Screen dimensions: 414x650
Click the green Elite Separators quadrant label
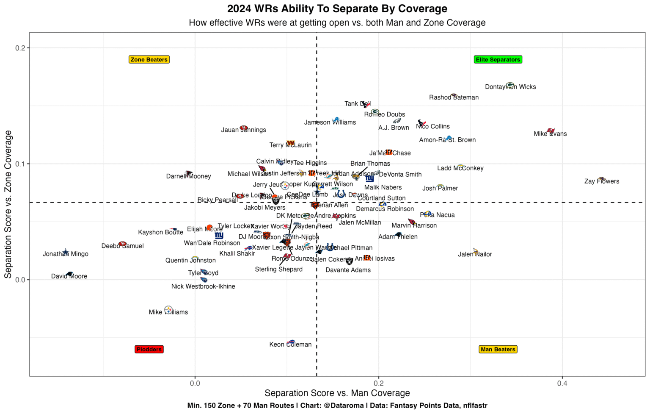pos(498,60)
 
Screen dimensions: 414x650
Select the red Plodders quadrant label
pos(149,350)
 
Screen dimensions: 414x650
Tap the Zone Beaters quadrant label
pos(149,60)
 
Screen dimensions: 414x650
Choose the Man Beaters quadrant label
pos(498,350)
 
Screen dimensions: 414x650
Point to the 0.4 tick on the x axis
pos(562,384)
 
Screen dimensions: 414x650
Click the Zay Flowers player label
pos(601,181)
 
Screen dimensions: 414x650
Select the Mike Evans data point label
pos(550,134)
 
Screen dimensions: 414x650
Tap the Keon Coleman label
pos(290,345)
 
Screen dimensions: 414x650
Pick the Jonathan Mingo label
pos(66,254)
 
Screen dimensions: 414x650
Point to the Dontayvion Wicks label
pos(510,87)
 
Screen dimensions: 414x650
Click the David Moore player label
pos(69,276)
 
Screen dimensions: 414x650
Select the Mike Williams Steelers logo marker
pos(168,310)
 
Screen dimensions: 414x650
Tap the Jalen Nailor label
pos(475,255)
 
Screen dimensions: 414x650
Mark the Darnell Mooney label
pos(188,176)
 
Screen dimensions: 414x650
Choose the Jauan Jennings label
pos(243,130)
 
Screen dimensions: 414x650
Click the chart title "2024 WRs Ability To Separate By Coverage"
pos(337,9)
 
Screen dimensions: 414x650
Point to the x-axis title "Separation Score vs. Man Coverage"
pos(337,393)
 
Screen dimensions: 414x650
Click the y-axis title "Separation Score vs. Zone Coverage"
pos(8,204)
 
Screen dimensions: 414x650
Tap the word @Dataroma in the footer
pos(343,406)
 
